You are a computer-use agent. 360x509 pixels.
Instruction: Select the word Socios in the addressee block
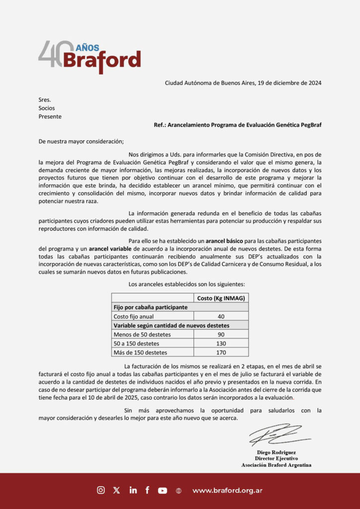click(47, 108)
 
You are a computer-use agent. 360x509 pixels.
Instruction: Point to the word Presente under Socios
click(50, 116)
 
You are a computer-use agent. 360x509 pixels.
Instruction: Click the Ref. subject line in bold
click(237, 125)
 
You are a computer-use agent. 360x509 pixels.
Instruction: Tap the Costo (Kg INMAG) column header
click(221, 298)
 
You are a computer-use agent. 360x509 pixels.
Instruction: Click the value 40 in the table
click(221, 317)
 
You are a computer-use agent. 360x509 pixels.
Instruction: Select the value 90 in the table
click(221, 335)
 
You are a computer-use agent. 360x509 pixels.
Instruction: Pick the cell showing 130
click(221, 343)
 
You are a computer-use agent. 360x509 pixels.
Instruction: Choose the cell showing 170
click(221, 352)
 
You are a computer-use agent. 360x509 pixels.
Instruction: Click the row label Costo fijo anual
click(134, 317)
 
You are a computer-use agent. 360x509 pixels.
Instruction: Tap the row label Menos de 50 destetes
click(142, 335)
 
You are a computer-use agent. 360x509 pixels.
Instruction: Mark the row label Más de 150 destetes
click(140, 352)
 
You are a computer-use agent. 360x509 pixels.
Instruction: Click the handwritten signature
click(278, 435)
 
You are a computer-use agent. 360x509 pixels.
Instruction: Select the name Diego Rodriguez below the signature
click(276, 452)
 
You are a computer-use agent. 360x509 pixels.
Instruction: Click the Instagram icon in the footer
click(101, 490)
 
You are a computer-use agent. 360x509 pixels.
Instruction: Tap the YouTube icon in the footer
click(163, 490)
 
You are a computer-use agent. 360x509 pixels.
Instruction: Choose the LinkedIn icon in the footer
click(133, 490)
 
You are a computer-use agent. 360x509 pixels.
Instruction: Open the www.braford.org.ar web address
click(227, 491)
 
